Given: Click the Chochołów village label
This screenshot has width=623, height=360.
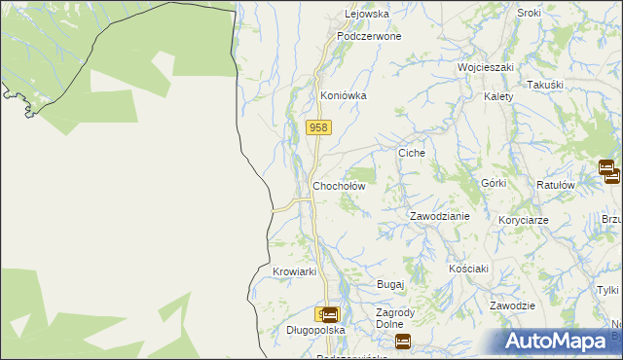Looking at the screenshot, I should pyautogui.click(x=338, y=186).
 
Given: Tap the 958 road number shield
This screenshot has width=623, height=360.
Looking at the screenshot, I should pyautogui.click(x=319, y=127).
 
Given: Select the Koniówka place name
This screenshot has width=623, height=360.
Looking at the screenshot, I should pyautogui.click(x=344, y=96).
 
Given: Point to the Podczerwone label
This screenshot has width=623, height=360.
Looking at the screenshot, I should pyautogui.click(x=369, y=36).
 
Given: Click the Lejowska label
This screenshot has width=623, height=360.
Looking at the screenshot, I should pyautogui.click(x=367, y=15).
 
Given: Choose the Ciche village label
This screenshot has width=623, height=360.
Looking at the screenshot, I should pyautogui.click(x=412, y=154).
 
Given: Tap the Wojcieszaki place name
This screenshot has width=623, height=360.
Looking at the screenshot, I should pyautogui.click(x=486, y=68).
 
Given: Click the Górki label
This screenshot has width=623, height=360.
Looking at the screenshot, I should pyautogui.click(x=495, y=183).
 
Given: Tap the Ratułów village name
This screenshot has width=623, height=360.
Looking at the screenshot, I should pyautogui.click(x=556, y=185).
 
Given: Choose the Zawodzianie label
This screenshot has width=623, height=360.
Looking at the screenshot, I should pyautogui.click(x=439, y=216).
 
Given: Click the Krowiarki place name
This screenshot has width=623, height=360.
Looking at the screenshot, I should pyautogui.click(x=295, y=272).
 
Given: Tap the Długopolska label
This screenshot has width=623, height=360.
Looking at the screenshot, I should pyautogui.click(x=289, y=331).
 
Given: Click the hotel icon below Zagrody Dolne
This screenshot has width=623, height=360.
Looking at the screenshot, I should pyautogui.click(x=403, y=342).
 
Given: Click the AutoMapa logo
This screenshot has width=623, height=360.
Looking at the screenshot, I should pyautogui.click(x=560, y=342).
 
